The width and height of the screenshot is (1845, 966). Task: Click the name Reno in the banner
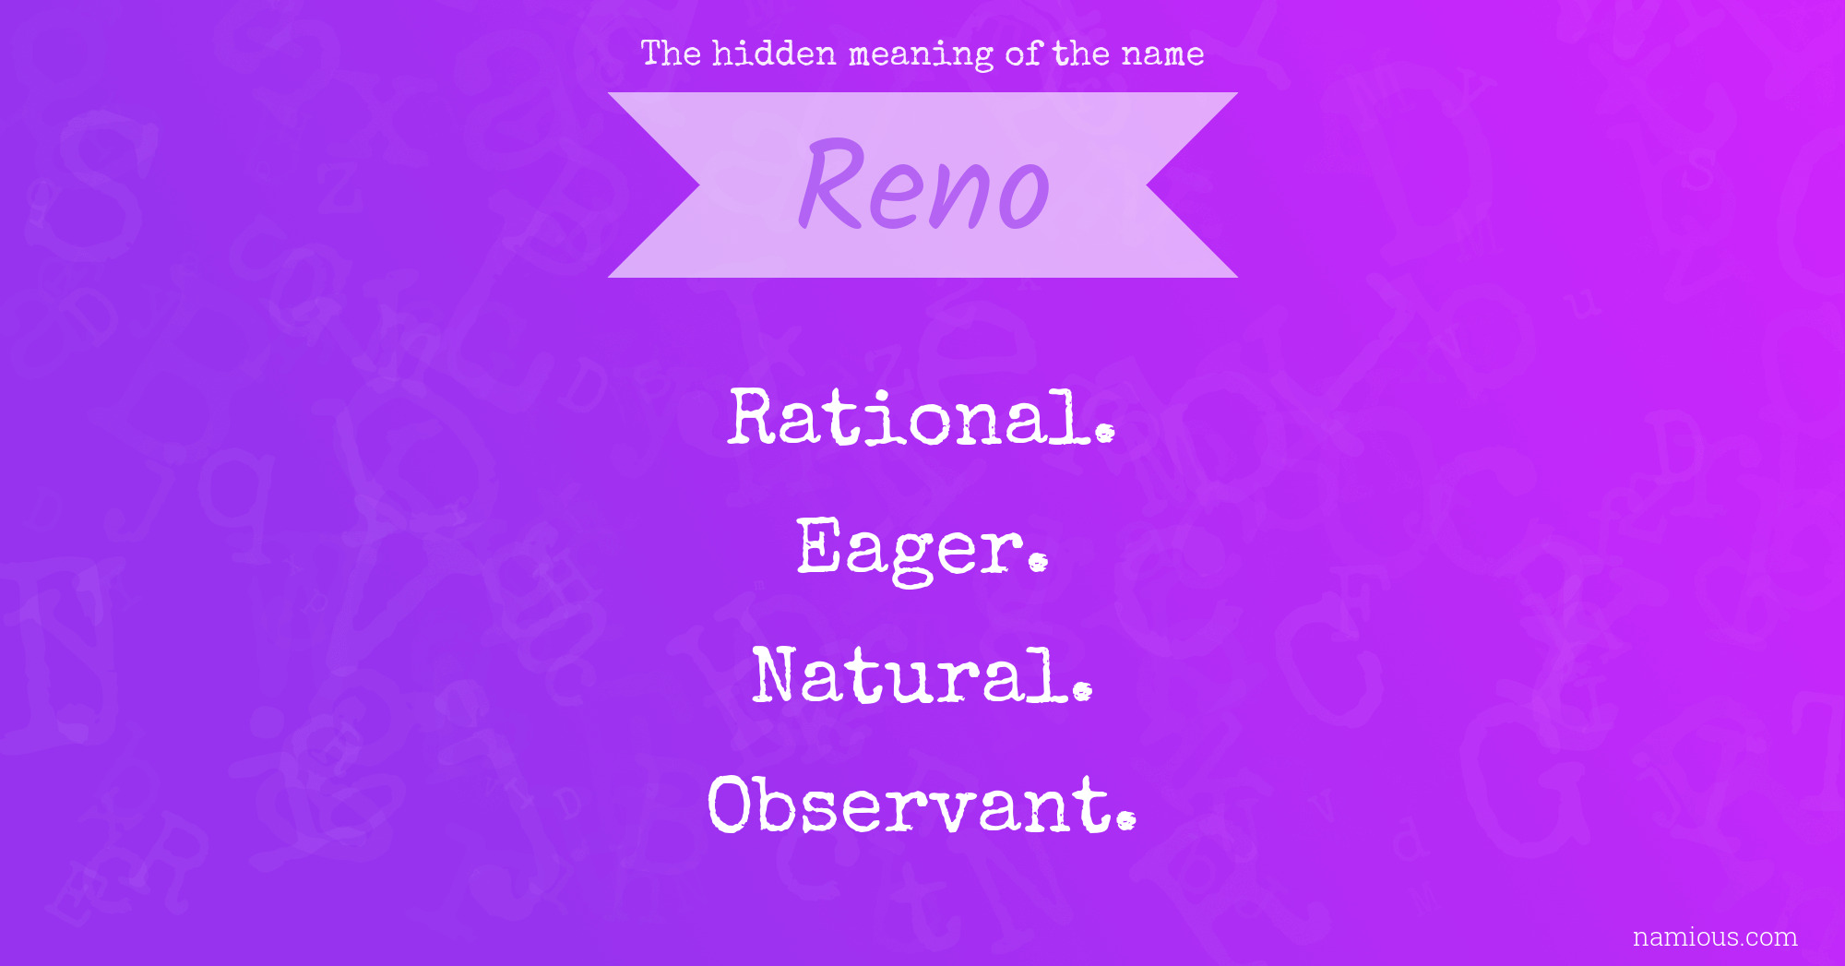[923, 185]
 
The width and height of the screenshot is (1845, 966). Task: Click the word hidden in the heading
[774, 54]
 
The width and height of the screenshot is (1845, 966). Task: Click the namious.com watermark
[1715, 937]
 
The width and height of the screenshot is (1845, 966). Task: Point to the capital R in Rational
[758, 417]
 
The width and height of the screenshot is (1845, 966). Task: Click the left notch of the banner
[699, 185]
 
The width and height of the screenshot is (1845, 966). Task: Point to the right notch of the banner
[1147, 185]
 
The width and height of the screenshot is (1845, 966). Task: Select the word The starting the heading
[672, 54]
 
